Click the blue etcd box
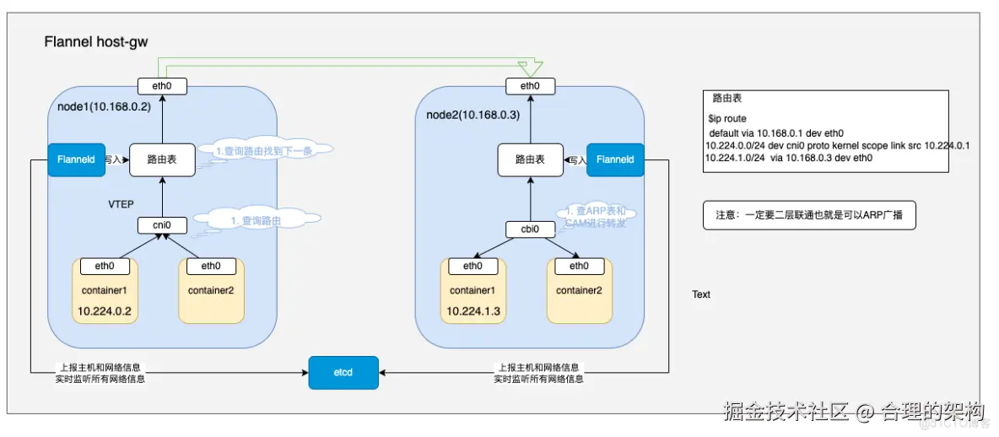point(343,372)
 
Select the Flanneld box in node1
point(76,159)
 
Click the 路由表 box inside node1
point(162,159)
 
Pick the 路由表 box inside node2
point(530,159)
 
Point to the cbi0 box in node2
point(530,229)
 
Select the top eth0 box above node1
point(162,86)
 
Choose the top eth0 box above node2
point(530,86)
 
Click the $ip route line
point(727,120)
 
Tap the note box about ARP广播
point(809,215)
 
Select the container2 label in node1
point(211,289)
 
